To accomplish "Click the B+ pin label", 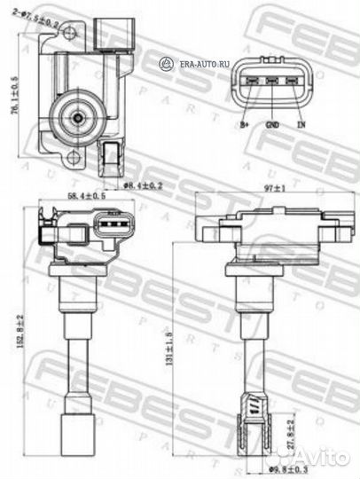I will click(245, 125).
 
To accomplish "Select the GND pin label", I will click(272, 125).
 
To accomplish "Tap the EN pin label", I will click(301, 125).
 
